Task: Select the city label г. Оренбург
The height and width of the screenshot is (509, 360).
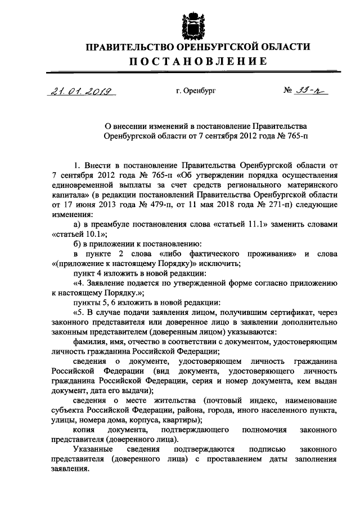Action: [x=195, y=91]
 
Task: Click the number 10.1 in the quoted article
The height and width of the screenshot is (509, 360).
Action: [x=91, y=234]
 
